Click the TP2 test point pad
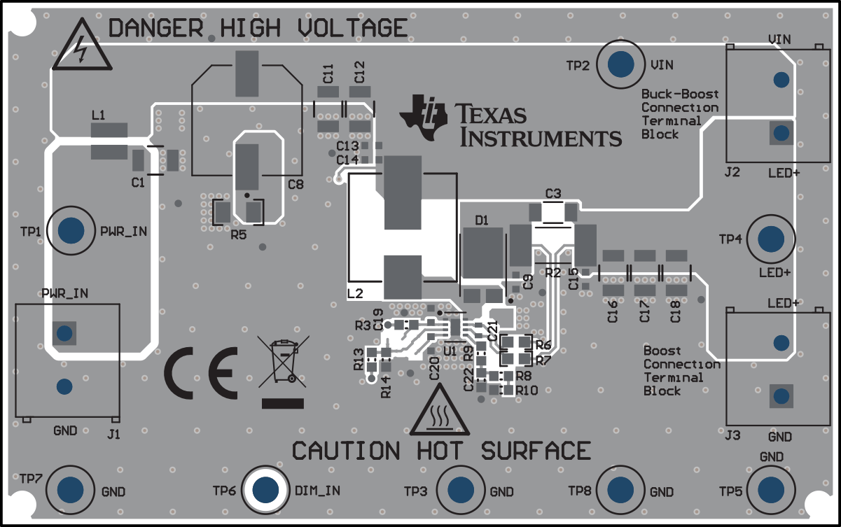click(622, 64)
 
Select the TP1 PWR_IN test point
click(71, 230)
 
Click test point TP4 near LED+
click(771, 239)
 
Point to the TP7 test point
click(71, 489)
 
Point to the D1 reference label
click(481, 220)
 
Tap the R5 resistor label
click(238, 235)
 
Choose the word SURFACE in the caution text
click(536, 451)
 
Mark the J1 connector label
click(113, 434)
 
